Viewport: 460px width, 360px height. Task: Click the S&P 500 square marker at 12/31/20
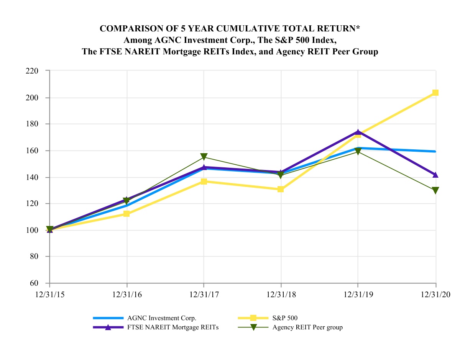435,93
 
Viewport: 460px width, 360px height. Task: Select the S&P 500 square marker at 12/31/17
204,182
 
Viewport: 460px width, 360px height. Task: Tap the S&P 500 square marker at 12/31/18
281,189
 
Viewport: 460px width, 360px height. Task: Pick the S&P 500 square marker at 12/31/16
127,214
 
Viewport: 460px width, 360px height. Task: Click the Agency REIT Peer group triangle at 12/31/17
204,157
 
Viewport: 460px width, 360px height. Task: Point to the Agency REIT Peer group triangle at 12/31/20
435,190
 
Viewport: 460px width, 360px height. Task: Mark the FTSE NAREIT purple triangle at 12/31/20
435,175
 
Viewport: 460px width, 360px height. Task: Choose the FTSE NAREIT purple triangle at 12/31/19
358,133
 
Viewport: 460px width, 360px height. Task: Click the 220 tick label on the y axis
33,71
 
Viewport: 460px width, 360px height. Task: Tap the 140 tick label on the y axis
33,177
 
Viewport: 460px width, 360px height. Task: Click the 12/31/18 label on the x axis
281,295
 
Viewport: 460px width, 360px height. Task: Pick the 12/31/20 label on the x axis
435,295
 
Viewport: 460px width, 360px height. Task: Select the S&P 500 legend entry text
285,318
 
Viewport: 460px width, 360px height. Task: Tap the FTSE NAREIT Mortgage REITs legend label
173,327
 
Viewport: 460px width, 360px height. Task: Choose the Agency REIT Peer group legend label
307,327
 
